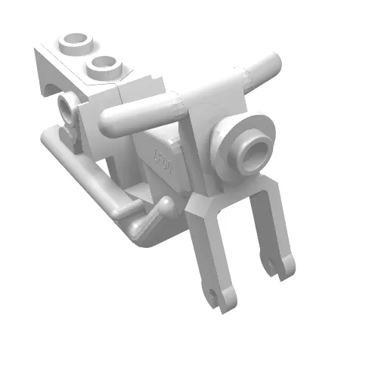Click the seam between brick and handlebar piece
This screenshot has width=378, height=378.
(x=121, y=99)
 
